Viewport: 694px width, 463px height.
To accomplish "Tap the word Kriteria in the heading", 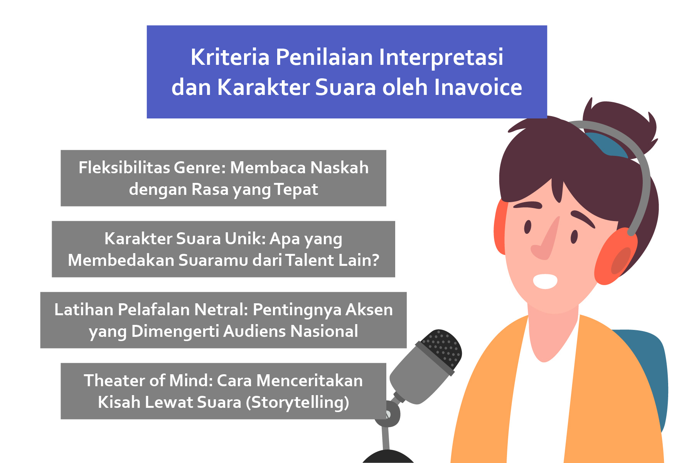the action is (x=230, y=57).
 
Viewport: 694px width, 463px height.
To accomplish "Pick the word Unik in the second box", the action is (x=245, y=239).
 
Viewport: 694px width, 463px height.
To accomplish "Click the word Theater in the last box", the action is (x=115, y=380).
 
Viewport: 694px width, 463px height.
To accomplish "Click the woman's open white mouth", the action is (x=545, y=281).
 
